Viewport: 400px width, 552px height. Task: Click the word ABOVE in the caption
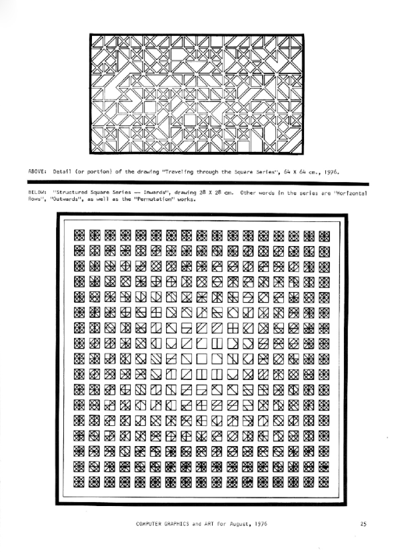(x=37, y=171)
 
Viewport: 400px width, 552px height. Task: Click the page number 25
(x=363, y=523)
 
